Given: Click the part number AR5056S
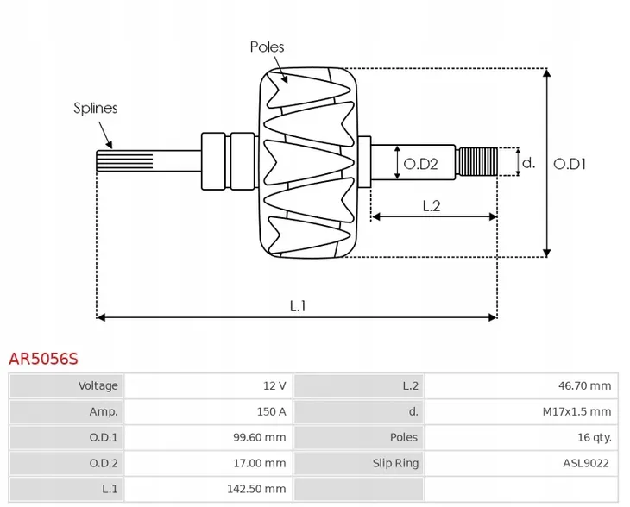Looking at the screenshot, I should coord(43,357).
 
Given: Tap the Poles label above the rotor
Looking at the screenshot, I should coord(267,47).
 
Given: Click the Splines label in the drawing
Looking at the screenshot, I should coord(95,108).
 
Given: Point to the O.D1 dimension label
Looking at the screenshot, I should coord(570,162).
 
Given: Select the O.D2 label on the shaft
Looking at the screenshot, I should coord(423,163).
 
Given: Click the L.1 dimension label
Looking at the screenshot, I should coord(298,304).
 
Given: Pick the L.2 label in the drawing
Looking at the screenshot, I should coord(432,205).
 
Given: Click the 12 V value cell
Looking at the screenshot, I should coord(275,385).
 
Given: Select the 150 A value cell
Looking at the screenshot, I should coord(272,411).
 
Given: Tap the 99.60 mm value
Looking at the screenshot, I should coord(259,437).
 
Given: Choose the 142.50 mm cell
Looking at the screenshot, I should coord(257,489).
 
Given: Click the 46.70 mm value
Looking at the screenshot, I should coord(584,385).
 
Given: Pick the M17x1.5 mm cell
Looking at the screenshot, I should coord(576,411).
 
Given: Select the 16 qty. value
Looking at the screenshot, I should coord(595,437).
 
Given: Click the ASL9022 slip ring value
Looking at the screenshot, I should coord(586,463).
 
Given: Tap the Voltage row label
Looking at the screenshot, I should coord(98,385).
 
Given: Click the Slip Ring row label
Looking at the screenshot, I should coord(395,463).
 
